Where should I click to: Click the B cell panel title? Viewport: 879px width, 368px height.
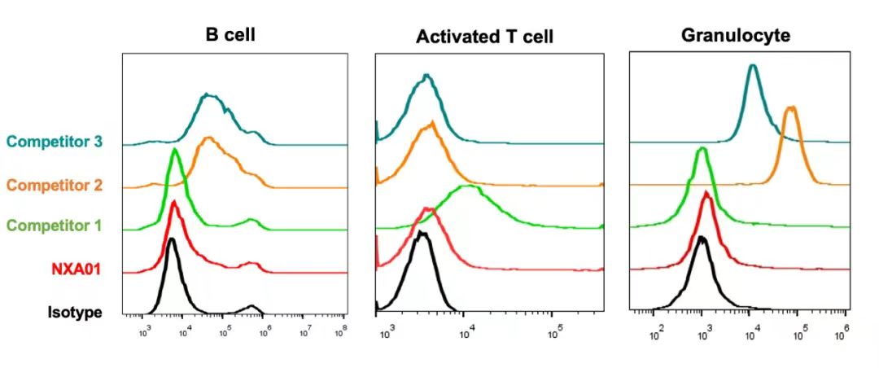pyautogui.click(x=235, y=35)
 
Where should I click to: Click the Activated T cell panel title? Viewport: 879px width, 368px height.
pyautogui.click(x=484, y=37)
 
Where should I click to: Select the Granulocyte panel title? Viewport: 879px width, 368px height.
pyautogui.click(x=736, y=35)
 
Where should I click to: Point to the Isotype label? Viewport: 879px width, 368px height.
pyautogui.click(x=75, y=312)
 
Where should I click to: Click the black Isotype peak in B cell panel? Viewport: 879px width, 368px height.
pyautogui.click(x=171, y=240)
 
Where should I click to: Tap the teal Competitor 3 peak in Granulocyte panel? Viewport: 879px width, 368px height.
pyautogui.click(x=753, y=66)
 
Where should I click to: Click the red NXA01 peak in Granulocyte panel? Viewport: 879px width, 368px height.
pyautogui.click(x=706, y=194)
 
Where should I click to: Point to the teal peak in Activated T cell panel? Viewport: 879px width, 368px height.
pyautogui.click(x=426, y=76)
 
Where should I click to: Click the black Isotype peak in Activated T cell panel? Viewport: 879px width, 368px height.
pyautogui.click(x=421, y=233)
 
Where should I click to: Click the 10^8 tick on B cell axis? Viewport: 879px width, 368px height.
pyautogui.click(x=342, y=331)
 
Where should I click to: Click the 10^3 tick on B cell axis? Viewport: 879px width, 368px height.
pyautogui.click(x=146, y=331)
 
